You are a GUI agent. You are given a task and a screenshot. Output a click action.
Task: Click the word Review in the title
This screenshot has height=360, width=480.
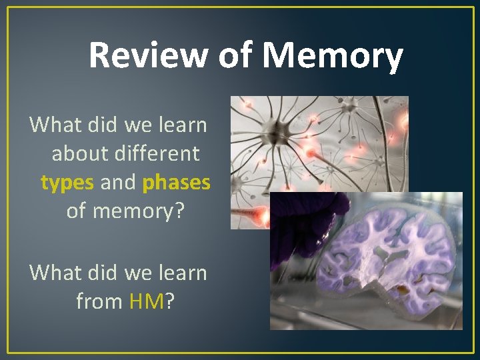148,55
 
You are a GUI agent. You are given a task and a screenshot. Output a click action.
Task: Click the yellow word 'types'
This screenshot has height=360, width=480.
67,182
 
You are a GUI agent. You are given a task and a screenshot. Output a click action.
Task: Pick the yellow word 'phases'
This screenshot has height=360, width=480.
176,182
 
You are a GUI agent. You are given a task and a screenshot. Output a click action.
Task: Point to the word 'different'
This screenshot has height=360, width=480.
159,153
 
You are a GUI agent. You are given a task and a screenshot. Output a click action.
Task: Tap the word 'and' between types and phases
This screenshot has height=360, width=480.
118,182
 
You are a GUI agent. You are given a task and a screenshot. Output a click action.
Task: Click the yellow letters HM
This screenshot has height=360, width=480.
146,302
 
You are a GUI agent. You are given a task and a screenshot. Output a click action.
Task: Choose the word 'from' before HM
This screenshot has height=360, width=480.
99,302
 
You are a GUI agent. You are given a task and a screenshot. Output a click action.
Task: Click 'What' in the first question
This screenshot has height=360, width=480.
55,124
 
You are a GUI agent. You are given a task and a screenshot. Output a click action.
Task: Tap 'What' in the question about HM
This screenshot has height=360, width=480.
55,273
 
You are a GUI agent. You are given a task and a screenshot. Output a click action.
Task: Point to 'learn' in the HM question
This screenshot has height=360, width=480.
182,273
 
